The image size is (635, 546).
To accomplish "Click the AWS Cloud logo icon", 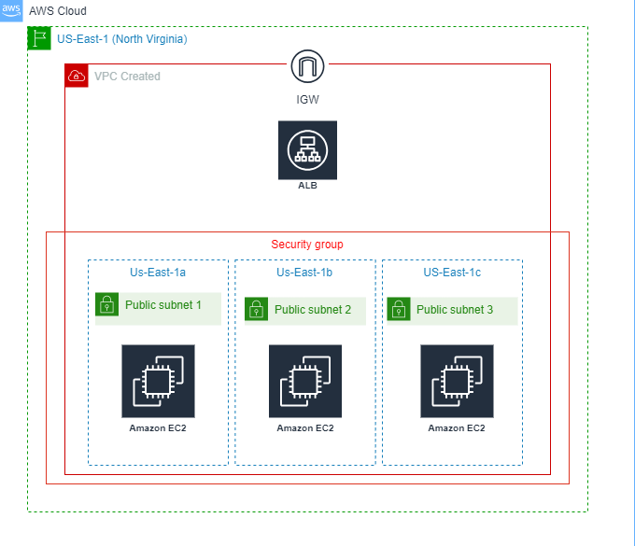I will pyautogui.click(x=11, y=9).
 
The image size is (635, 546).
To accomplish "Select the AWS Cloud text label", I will pyautogui.click(x=58, y=11).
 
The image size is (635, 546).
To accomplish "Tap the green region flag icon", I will pyautogui.click(x=39, y=38).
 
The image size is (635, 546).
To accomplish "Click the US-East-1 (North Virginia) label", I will pyautogui.click(x=121, y=39).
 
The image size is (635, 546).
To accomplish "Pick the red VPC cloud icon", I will pyautogui.click(x=77, y=76).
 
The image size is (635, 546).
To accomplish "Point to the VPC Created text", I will pyautogui.click(x=127, y=77).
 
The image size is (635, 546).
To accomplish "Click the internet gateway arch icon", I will pyautogui.click(x=307, y=67).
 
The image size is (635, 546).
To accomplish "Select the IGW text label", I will pyautogui.click(x=307, y=98).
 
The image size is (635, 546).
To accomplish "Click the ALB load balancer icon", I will pyautogui.click(x=307, y=149).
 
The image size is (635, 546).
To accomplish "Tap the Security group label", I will pyautogui.click(x=307, y=245).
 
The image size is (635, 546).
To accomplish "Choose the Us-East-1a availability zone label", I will pyautogui.click(x=158, y=273).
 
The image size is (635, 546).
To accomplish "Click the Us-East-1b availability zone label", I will pyautogui.click(x=305, y=273).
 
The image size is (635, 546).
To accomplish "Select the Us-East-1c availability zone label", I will pyautogui.click(x=452, y=273).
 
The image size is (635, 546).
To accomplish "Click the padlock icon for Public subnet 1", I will pyautogui.click(x=107, y=305).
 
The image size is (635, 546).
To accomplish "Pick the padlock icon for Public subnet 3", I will pyautogui.click(x=399, y=310).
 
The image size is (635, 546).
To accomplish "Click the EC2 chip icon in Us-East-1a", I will pyautogui.click(x=158, y=381).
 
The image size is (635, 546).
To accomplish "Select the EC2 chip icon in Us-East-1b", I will pyautogui.click(x=305, y=381).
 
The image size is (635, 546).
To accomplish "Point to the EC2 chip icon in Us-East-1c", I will pyautogui.click(x=457, y=381).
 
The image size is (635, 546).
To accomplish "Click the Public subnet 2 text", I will pyautogui.click(x=313, y=310).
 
